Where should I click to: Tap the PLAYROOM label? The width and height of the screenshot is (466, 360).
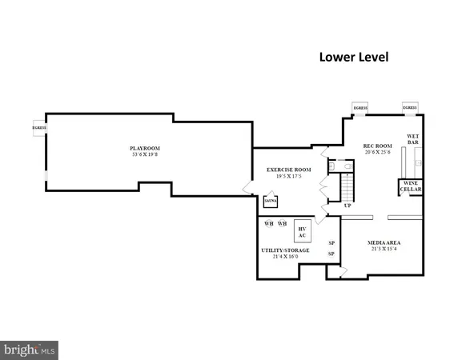tap(146, 148)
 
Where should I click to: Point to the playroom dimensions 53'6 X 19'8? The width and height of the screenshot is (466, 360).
tap(146, 154)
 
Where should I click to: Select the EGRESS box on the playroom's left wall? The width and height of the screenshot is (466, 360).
tap(38, 128)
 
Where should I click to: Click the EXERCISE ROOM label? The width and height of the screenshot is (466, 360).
tap(288, 170)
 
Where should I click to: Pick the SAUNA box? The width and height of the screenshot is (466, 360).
tap(271, 202)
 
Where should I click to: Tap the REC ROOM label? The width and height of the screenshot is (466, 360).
tap(377, 146)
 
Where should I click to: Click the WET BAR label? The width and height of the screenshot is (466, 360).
tap(413, 139)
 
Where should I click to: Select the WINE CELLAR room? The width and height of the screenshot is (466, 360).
tap(412, 186)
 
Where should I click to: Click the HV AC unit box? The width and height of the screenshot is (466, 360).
tap(303, 230)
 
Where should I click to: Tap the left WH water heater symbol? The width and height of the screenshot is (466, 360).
tap(269, 224)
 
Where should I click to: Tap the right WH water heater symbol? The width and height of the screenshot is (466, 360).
tap(282, 224)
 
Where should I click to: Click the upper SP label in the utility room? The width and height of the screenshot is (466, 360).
tap(331, 242)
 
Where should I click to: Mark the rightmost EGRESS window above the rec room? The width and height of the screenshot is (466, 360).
tap(410, 107)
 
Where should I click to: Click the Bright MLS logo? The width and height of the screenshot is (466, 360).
tap(30, 349)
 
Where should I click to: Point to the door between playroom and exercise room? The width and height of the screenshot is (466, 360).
tap(247, 188)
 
